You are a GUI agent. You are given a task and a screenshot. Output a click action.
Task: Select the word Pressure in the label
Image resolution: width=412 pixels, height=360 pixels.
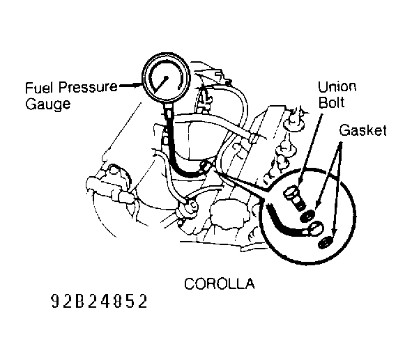pyautogui.click(x=88, y=87)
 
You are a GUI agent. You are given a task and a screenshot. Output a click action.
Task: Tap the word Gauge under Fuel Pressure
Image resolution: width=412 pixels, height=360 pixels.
pyautogui.click(x=48, y=104)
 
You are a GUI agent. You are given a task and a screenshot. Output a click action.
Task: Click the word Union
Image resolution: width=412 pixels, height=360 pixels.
pyautogui.click(x=337, y=87)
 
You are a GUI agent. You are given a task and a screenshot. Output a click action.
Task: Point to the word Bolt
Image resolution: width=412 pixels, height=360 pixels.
pyautogui.click(x=331, y=102)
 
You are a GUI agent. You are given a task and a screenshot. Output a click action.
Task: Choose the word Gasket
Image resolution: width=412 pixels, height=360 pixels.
pyautogui.click(x=363, y=130)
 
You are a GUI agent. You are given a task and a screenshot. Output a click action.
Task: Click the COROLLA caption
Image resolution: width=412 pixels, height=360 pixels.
pyautogui.click(x=220, y=283)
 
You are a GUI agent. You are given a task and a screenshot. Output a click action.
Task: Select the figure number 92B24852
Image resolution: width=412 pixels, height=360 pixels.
pyautogui.click(x=99, y=301)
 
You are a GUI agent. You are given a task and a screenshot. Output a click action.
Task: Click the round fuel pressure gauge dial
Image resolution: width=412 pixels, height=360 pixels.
pyautogui.click(x=166, y=78)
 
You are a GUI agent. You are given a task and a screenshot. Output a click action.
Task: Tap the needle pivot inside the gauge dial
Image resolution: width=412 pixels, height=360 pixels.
pyautogui.click(x=166, y=78)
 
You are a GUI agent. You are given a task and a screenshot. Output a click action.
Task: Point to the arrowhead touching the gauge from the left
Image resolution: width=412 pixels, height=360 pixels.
pyautogui.click(x=138, y=85)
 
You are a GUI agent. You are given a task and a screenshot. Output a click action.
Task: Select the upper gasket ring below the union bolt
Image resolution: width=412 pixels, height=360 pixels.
pyautogui.click(x=307, y=216)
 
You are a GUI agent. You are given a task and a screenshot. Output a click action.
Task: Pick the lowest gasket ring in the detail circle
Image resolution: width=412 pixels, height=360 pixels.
pyautogui.click(x=326, y=242)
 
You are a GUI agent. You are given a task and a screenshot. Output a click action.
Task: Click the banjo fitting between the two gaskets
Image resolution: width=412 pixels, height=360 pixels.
pyautogui.click(x=315, y=228)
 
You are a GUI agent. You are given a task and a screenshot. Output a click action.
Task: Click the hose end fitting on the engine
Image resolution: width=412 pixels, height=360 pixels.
pyautogui.click(x=206, y=167)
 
